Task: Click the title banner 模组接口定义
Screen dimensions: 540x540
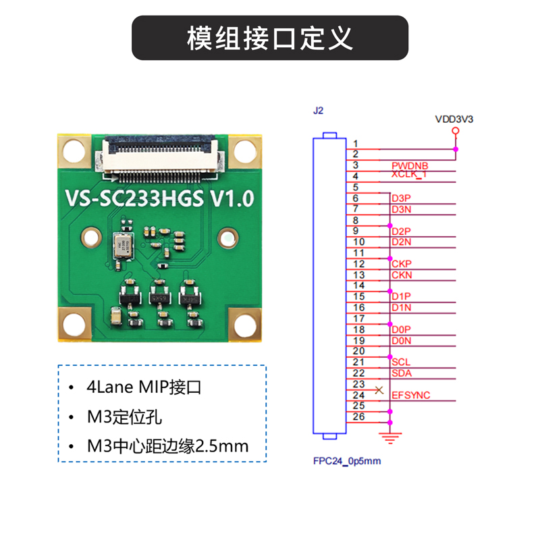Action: [270, 38]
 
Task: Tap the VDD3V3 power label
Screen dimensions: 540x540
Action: [454, 119]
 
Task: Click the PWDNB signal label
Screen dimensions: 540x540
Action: [409, 165]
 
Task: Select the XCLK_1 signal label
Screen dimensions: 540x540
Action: [409, 175]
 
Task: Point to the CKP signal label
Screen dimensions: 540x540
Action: [401, 263]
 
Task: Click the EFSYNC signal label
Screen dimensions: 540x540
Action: [410, 395]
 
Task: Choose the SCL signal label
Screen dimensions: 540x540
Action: [400, 362]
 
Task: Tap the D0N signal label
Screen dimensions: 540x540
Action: [401, 341]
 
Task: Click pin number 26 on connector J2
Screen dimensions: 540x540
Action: [358, 416]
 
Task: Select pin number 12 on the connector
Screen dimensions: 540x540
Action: [358, 264]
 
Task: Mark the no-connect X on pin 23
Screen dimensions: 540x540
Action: [379, 390]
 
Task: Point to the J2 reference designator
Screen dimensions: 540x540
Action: [319, 109]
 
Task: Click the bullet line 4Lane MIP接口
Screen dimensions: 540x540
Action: [144, 388]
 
